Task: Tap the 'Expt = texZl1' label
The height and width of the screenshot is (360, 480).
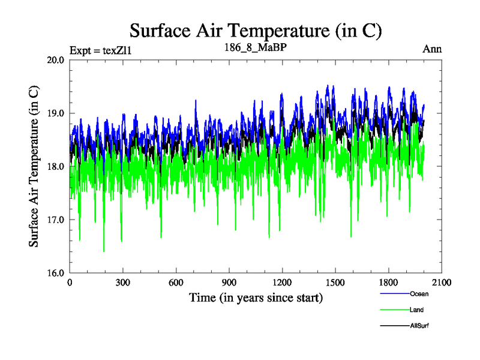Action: click(100, 50)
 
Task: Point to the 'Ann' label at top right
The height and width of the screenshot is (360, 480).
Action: click(432, 49)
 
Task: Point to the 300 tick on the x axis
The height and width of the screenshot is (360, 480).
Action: click(123, 283)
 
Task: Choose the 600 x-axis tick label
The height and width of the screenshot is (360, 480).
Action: click(176, 283)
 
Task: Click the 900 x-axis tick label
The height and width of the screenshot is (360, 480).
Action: click(229, 283)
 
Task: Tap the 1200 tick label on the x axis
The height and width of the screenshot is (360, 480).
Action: click(282, 283)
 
